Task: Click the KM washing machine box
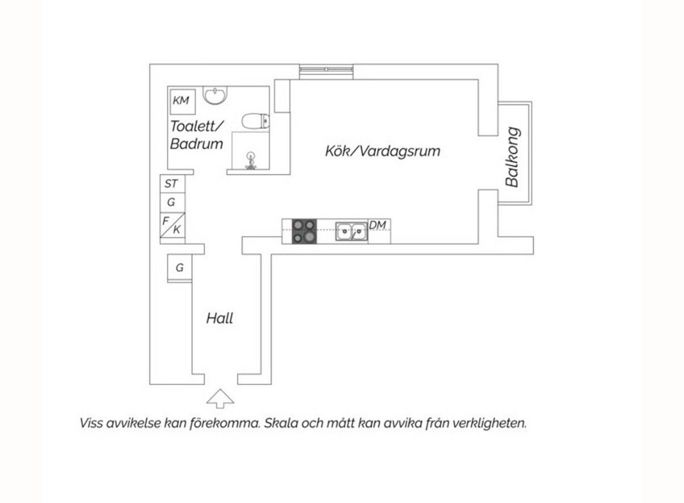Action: (x=183, y=102)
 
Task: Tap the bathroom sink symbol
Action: (x=215, y=95)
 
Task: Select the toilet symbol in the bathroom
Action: (x=256, y=121)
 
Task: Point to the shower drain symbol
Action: (x=251, y=161)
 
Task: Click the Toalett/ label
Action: (x=197, y=126)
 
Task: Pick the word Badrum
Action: (x=196, y=144)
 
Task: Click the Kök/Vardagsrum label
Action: (x=382, y=151)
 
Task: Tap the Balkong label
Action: (x=512, y=157)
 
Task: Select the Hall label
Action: (x=219, y=318)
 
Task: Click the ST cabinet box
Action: (x=172, y=184)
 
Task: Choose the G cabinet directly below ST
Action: (x=172, y=202)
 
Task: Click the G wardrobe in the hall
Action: (x=180, y=268)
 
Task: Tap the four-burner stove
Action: (x=304, y=231)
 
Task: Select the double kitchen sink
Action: (x=352, y=231)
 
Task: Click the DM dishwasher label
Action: (x=377, y=225)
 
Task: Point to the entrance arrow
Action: (x=220, y=399)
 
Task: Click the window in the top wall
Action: (x=326, y=72)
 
